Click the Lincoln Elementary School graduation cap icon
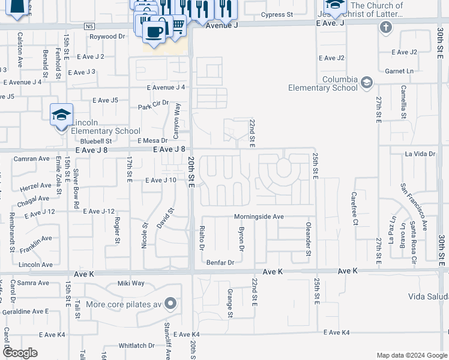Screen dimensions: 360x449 coord(61,115)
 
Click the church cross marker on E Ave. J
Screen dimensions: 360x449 coord(385,28)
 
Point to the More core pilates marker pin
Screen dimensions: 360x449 coord(171,304)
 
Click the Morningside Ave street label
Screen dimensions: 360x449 coord(258,216)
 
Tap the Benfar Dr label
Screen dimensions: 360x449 coord(220,262)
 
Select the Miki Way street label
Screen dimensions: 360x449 coord(131,283)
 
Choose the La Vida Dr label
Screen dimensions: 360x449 coord(420,154)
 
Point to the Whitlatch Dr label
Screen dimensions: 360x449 coord(136,346)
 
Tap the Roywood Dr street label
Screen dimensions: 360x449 coord(107,37)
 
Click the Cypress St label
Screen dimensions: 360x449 coord(277,14)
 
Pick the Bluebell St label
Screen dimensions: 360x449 coord(96,141)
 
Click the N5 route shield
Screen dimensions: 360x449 coord(89,26)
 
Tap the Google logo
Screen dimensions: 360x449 coord(20,353)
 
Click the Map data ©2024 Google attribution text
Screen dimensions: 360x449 coord(411,355)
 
